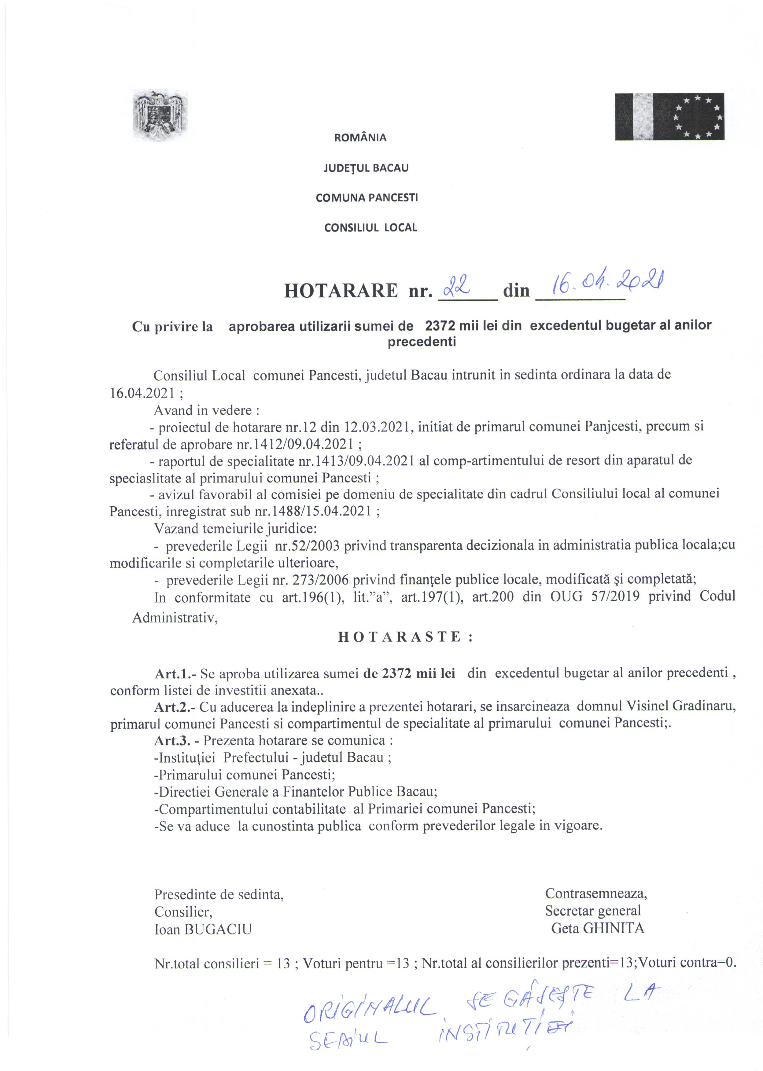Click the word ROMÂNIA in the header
pyautogui.click(x=360, y=138)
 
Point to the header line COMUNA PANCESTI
pyautogui.click(x=367, y=198)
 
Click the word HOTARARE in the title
pyautogui.click(x=341, y=292)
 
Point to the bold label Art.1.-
pyautogui.click(x=175, y=673)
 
